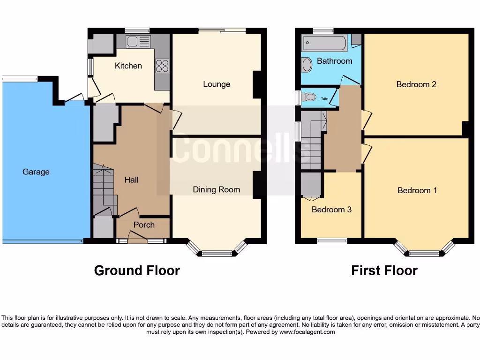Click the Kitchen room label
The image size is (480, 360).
click(128, 66)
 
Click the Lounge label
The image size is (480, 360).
click(217, 84)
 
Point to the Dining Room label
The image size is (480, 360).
click(217, 189)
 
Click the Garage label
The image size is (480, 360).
click(36, 172)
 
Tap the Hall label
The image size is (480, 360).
click(131, 180)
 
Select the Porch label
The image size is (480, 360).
click(144, 225)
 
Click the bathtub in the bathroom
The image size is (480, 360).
click(325, 44)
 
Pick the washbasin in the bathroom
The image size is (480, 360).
click(307, 65)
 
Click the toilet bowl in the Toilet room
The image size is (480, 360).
click(309, 97)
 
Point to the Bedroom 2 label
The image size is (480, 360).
click(416, 84)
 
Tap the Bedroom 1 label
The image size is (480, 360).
click(417, 190)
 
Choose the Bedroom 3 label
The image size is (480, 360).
click(331, 210)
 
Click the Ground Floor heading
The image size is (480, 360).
click(137, 270)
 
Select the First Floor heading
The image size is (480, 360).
click(384, 270)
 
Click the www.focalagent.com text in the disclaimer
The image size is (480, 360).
click(307, 332)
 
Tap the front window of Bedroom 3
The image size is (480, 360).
click(332, 241)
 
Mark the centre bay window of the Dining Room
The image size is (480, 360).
click(217, 254)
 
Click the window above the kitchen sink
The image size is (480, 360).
click(137, 31)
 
